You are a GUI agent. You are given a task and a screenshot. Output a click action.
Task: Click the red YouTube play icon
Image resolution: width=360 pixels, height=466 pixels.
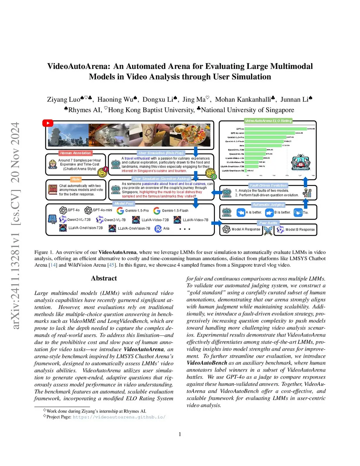[48, 123]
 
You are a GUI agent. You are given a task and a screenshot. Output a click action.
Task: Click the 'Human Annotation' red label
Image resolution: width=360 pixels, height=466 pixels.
[75, 153]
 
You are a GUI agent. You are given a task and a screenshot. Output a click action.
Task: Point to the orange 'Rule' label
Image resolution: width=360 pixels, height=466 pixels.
[76, 179]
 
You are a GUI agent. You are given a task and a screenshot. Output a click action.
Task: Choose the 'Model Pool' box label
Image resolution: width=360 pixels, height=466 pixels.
[124, 204]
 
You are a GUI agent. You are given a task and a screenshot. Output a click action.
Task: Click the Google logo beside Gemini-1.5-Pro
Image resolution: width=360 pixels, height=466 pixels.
[120, 211]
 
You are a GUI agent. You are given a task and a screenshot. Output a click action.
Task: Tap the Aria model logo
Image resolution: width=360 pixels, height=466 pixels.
[158, 229]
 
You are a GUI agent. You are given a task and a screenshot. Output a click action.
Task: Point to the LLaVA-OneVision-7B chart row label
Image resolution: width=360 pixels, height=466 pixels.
[232, 171]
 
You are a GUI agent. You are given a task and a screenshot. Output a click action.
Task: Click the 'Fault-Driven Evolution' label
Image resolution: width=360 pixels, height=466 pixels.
[268, 185]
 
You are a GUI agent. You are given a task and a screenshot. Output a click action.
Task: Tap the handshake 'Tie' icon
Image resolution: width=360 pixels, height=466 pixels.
[298, 212]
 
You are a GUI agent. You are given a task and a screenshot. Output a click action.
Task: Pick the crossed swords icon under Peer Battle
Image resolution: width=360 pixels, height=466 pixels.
[268, 230]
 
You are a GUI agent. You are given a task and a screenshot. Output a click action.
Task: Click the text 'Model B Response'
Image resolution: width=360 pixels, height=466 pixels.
[300, 230]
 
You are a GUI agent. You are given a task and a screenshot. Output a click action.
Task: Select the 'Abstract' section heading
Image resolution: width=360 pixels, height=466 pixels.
[104, 278]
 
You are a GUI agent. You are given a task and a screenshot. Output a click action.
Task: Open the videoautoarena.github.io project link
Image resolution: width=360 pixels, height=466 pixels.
[119, 417]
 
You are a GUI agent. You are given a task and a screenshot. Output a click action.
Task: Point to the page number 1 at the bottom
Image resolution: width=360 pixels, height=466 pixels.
[180, 434]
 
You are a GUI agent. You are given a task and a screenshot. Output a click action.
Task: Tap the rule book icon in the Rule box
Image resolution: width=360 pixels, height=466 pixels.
[53, 190]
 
